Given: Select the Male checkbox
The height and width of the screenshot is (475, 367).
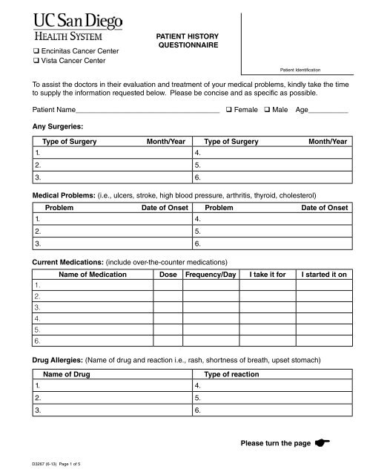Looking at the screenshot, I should [268, 109].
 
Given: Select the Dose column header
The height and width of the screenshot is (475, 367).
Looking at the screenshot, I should [168, 275].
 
